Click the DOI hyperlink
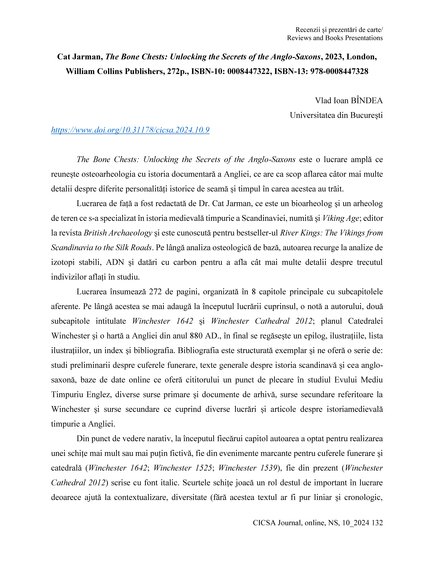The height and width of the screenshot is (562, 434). (x=130, y=130)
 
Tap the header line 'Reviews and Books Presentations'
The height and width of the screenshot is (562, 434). (x=335, y=38)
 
